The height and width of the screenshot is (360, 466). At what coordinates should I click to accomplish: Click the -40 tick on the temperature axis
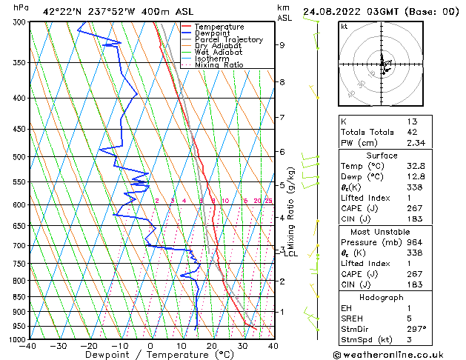click(28, 346)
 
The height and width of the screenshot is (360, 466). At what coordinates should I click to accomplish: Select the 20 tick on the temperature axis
click(211, 346)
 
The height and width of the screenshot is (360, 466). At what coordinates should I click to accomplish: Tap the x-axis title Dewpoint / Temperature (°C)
click(150, 356)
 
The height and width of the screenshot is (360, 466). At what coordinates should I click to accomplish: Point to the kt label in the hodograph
click(344, 27)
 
